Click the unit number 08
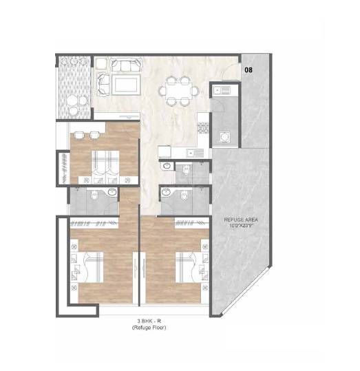click(248, 70)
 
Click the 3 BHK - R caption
click(149, 321)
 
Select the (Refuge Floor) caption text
click(149, 328)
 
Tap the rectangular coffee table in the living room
click(125, 84)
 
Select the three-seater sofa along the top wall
click(124, 66)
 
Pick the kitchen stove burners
click(203, 127)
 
